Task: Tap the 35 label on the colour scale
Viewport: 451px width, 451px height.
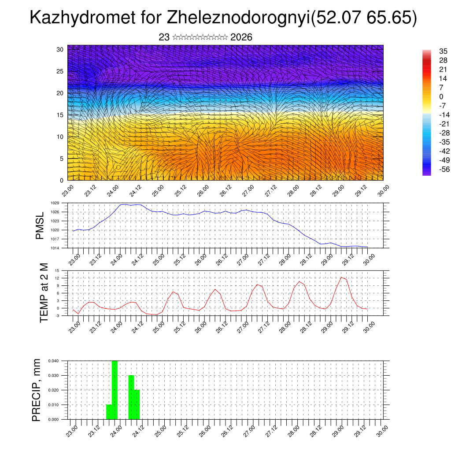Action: tap(443, 52)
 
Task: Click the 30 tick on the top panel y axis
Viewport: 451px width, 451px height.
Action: tap(60, 49)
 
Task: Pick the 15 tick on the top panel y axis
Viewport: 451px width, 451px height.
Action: tap(60, 115)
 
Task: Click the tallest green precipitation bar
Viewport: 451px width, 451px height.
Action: tap(115, 390)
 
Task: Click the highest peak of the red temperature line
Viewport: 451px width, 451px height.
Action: tap(342, 277)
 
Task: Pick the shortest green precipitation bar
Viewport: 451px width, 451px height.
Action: tap(109, 412)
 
